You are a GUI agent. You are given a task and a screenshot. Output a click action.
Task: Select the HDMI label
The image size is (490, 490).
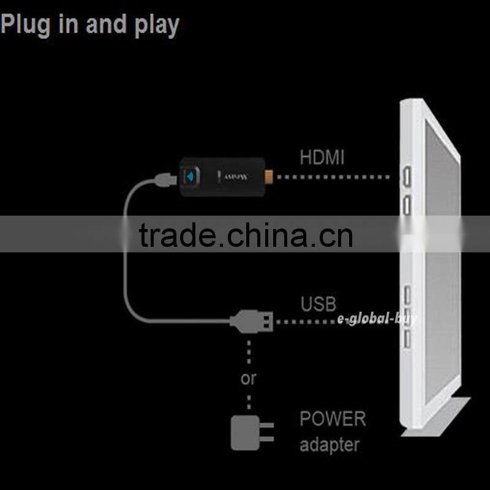(322, 157)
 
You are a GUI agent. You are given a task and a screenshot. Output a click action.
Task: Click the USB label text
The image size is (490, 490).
(318, 304)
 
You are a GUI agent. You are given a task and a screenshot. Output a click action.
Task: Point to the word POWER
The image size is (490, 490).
(332, 420)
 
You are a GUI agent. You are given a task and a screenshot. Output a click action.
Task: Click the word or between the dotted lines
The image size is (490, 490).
(248, 379)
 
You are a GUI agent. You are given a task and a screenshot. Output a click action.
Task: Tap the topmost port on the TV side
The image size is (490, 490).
(406, 178)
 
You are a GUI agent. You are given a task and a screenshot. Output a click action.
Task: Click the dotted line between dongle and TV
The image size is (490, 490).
(334, 178)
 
